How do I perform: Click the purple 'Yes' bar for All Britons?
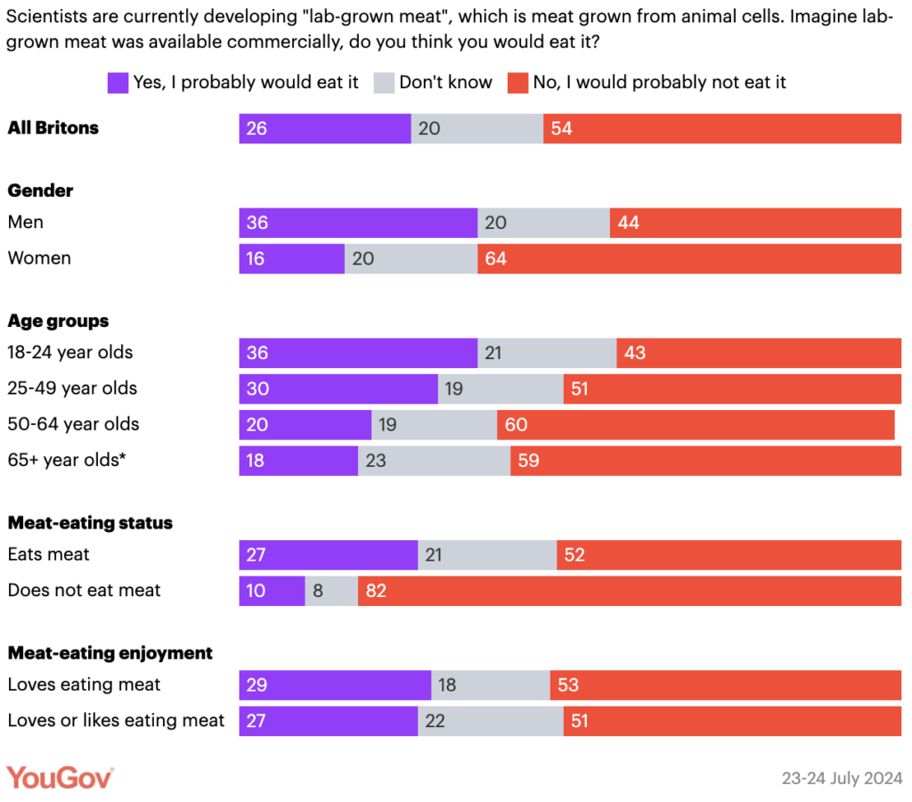click(x=325, y=128)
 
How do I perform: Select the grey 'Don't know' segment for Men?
click(x=543, y=223)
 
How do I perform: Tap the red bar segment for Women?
click(x=689, y=258)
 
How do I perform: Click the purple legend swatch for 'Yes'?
click(x=118, y=83)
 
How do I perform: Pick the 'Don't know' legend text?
click(x=445, y=83)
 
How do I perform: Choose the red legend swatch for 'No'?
click(x=518, y=83)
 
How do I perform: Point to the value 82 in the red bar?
click(x=376, y=591)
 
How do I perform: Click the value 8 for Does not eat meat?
click(x=317, y=591)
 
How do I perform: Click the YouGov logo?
click(x=61, y=777)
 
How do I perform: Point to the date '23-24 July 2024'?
click(x=843, y=778)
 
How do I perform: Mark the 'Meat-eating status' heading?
click(x=90, y=523)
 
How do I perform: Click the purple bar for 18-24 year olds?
click(x=358, y=353)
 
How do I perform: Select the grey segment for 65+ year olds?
click(x=434, y=461)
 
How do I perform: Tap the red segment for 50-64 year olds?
click(x=696, y=425)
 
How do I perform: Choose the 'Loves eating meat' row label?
click(x=84, y=684)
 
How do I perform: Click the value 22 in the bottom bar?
click(x=435, y=721)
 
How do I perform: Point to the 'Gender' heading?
click(x=40, y=191)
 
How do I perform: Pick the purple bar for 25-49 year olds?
click(x=338, y=389)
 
